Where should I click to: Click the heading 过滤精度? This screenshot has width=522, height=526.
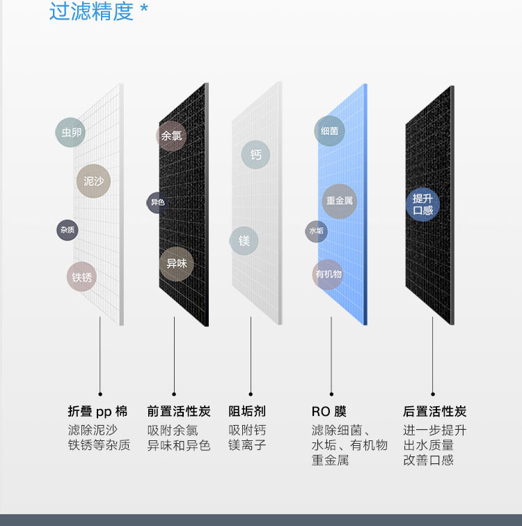tap(91, 12)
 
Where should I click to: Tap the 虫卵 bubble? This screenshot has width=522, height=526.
tap(70, 132)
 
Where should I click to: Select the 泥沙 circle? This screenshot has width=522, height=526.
tap(93, 181)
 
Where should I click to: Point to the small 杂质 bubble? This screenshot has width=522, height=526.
tap(67, 230)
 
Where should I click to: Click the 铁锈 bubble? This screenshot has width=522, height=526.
tap(82, 277)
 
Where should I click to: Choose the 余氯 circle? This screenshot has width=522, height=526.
tap(171, 136)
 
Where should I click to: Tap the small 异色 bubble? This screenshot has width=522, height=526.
tap(157, 203)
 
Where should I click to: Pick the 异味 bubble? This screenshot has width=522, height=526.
tap(176, 264)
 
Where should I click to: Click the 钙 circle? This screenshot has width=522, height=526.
tap(256, 155)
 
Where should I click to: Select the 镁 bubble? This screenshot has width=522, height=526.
tap(244, 241)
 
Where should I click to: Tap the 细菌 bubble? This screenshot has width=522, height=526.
tap(329, 131)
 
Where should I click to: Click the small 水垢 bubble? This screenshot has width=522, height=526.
tap(317, 231)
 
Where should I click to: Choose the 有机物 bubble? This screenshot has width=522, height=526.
tap(328, 274)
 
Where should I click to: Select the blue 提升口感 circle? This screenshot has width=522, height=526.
tap(423, 204)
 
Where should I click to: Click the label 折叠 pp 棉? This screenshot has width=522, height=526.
tap(97, 412)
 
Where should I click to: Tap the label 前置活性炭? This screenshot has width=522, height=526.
tap(178, 412)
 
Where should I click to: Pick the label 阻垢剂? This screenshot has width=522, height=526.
tap(247, 412)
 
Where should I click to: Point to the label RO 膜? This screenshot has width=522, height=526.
tap(329, 412)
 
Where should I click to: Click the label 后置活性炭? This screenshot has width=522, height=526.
tap(434, 412)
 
